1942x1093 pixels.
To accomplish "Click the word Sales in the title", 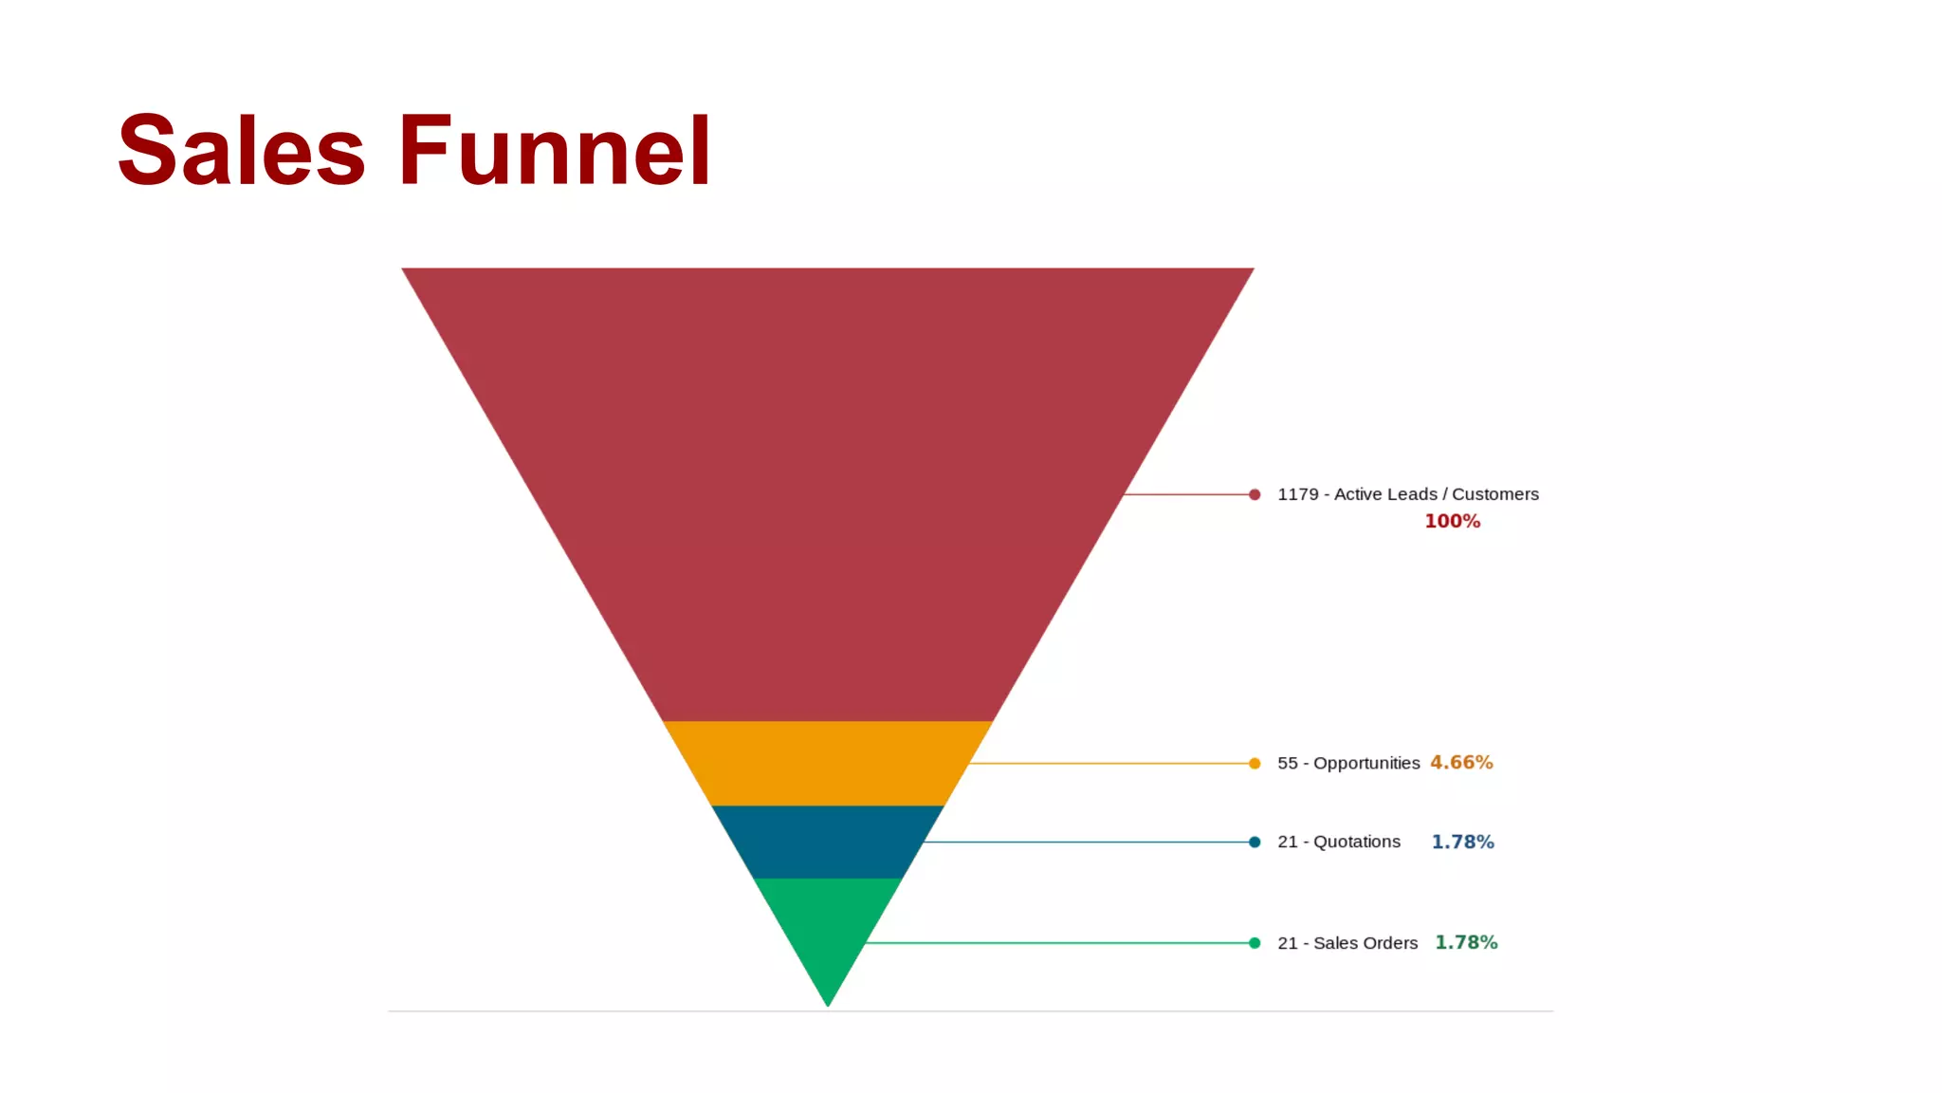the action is click(241, 151).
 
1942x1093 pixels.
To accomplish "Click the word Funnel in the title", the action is click(555, 151).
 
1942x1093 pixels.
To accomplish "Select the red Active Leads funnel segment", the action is click(827, 474).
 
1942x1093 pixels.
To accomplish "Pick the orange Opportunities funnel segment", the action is click(827, 763).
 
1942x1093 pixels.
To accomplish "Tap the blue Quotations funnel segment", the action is click(827, 842).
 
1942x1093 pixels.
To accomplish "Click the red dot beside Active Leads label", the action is click(1255, 494).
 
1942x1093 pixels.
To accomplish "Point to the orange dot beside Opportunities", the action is click(1255, 764).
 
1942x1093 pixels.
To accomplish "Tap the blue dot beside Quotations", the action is click(1255, 843).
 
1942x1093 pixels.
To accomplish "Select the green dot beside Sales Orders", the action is click(1255, 943).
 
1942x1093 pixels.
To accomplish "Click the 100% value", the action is click(1452, 522).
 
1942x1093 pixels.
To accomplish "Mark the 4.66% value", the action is click(1461, 763).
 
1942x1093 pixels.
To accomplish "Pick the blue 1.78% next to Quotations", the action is click(1462, 843).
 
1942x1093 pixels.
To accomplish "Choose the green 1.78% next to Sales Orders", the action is click(1466, 943).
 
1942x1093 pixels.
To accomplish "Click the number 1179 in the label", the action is click(1297, 494).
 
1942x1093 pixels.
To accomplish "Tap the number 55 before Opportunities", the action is click(1287, 764).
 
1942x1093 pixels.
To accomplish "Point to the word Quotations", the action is click(1357, 843).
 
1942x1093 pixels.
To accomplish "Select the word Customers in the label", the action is click(1495, 494).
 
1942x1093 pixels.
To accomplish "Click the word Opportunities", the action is click(1366, 764).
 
